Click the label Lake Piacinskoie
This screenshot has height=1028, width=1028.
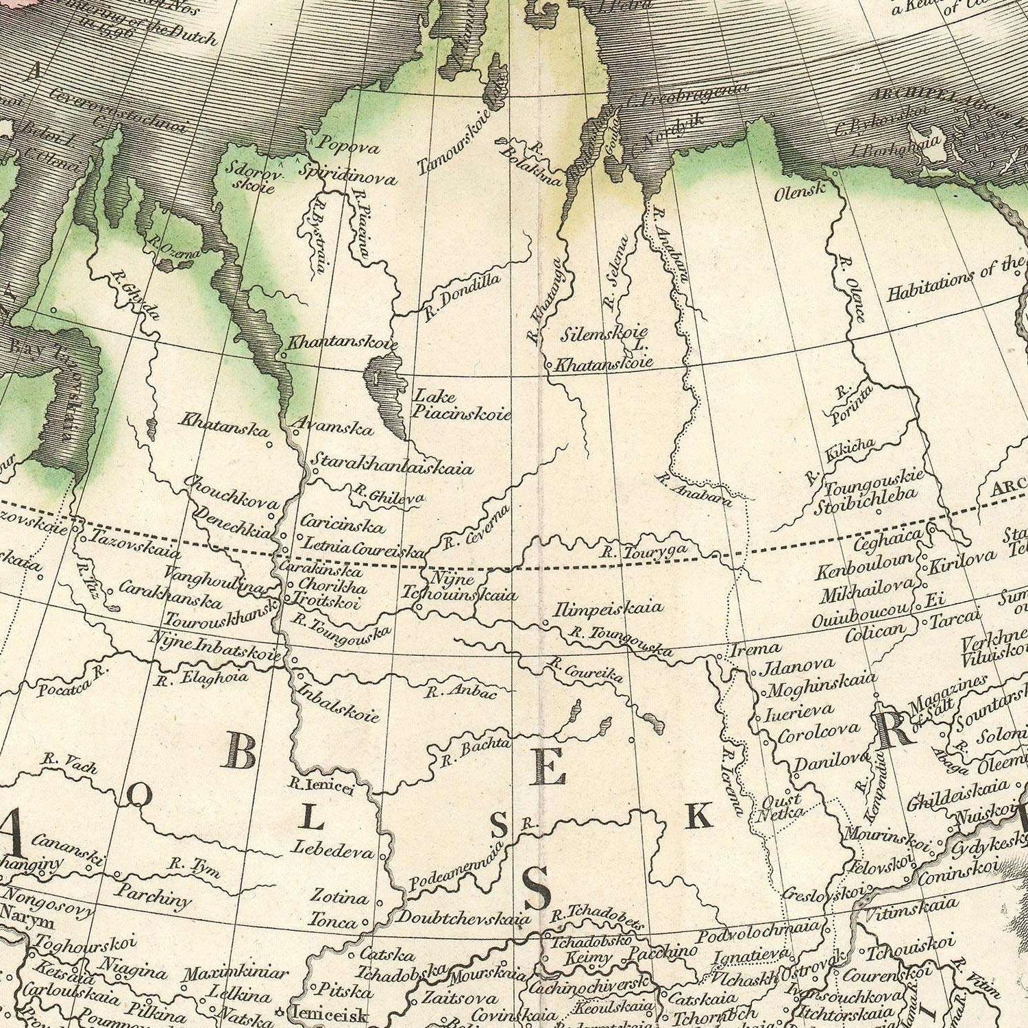(461, 404)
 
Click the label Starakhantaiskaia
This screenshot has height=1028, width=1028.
(392, 463)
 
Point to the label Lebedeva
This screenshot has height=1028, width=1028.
(333, 849)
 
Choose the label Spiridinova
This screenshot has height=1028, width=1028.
(347, 175)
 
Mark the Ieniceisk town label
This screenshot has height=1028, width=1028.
(330, 1014)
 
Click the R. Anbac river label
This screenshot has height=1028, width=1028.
(461, 692)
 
